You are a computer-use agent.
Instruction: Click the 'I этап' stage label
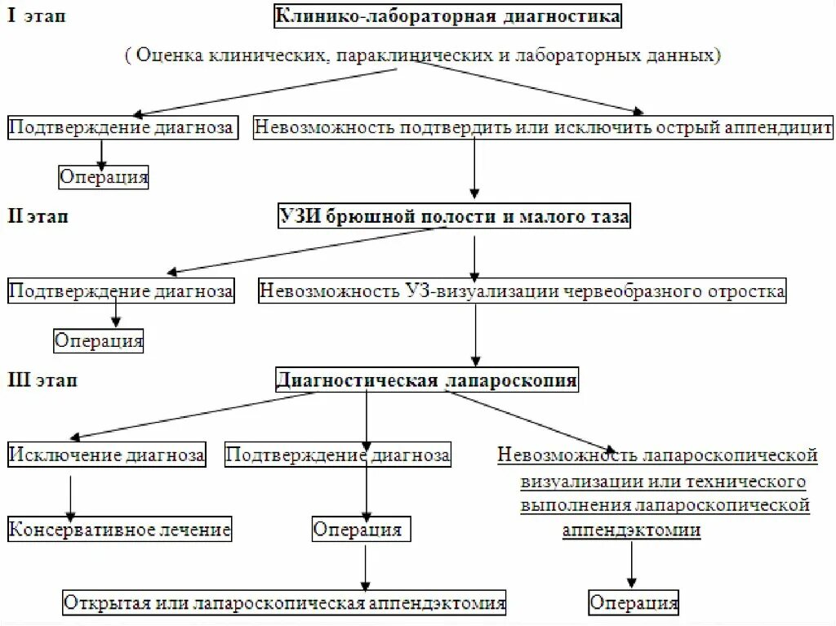pos(37,17)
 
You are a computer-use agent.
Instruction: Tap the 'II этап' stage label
pos(40,217)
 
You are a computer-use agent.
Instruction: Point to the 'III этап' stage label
pos(42,380)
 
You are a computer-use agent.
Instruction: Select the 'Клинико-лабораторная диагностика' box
pos(448,16)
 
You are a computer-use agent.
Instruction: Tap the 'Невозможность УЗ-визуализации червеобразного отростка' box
pos(522,291)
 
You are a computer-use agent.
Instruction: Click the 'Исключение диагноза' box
pos(107,455)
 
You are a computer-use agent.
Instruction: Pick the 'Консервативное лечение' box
pos(120,530)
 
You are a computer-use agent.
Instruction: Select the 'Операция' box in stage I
pos(104,176)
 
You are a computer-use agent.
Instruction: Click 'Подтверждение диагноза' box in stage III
pos(337,455)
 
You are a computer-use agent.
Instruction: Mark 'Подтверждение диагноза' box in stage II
pos(121,290)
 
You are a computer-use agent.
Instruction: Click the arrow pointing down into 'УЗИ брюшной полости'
pos(474,172)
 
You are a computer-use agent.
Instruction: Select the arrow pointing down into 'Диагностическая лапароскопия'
pos(476,335)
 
